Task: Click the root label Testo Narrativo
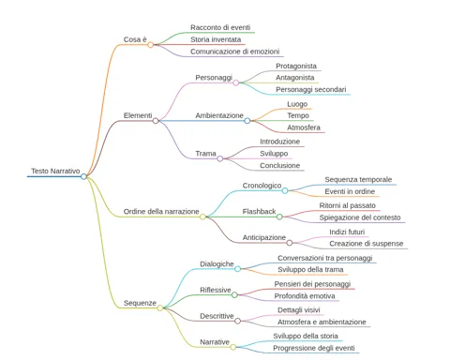[x=55, y=171]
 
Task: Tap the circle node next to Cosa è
[x=150, y=45]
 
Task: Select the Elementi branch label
[x=138, y=115]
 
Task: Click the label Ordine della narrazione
[x=161, y=212]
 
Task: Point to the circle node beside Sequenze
[x=160, y=307]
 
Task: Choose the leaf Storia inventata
[x=216, y=39]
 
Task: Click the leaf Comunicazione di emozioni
[x=234, y=52]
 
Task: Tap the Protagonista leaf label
[x=296, y=66]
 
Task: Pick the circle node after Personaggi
[x=236, y=82]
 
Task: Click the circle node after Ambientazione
[x=247, y=121]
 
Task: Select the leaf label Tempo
[x=298, y=115]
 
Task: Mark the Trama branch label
[x=205, y=154]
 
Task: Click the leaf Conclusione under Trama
[x=279, y=166]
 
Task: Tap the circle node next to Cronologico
[x=285, y=190]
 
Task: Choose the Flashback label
[x=259, y=212]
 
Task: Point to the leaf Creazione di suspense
[x=367, y=244]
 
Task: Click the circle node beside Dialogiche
[x=237, y=269]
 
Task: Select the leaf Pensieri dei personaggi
[x=312, y=284]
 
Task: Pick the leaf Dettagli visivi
[x=299, y=310]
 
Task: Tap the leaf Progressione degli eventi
[x=314, y=348]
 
